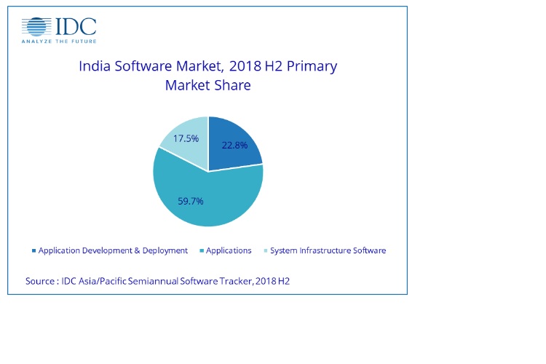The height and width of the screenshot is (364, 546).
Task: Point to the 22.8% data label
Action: pyautogui.click(x=234, y=145)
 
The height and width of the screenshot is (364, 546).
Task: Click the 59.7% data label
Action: pyautogui.click(x=191, y=201)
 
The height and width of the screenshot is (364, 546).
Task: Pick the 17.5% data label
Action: pyautogui.click(x=186, y=138)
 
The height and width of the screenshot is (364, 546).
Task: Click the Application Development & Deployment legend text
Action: pyautogui.click(x=113, y=250)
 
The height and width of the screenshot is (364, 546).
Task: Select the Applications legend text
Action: pyautogui.click(x=229, y=250)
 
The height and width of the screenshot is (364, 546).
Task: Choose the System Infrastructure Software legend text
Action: pyautogui.click(x=328, y=250)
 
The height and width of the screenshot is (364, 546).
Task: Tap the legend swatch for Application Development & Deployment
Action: pyautogui.click(x=33, y=250)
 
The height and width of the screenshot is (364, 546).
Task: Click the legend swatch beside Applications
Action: pyautogui.click(x=202, y=250)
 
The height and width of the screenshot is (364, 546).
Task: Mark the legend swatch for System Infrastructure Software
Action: pyautogui.click(x=266, y=250)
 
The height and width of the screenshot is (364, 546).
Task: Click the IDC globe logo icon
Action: pyautogui.click(x=36, y=26)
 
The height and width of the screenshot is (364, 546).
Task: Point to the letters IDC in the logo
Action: pyautogui.click(x=76, y=26)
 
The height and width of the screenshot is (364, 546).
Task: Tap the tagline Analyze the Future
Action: pyautogui.click(x=59, y=41)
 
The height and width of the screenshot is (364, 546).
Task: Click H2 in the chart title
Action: pyautogui.click(x=273, y=66)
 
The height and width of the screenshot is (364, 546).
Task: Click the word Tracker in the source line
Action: pyautogui.click(x=236, y=281)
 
